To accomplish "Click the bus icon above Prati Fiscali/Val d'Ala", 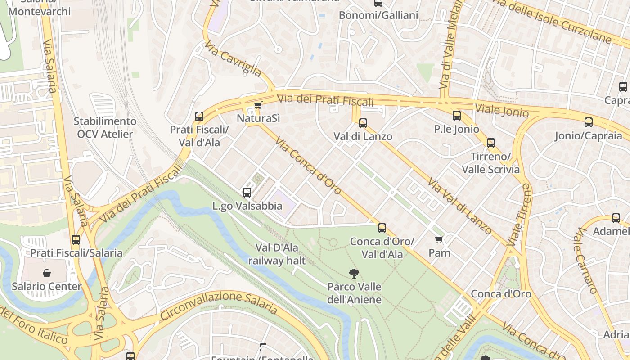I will pyautogui.click(x=199, y=117).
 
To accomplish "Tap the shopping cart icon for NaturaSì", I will pyautogui.click(x=258, y=105).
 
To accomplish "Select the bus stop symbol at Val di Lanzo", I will pyautogui.click(x=363, y=123).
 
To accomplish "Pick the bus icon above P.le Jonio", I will pyautogui.click(x=457, y=116).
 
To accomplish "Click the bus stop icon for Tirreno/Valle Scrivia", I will pyautogui.click(x=490, y=143).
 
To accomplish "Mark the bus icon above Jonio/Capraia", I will pyautogui.click(x=588, y=122).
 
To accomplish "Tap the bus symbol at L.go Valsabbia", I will pyautogui.click(x=247, y=193).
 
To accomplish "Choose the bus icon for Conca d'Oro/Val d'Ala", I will pyautogui.click(x=382, y=228).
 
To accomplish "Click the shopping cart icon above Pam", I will pyautogui.click(x=439, y=239).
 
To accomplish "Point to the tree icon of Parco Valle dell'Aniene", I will pyautogui.click(x=354, y=273).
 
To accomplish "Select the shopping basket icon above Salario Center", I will pyautogui.click(x=47, y=273).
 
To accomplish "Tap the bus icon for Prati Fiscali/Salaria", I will pyautogui.click(x=76, y=239).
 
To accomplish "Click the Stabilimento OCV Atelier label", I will pyautogui.click(x=105, y=128).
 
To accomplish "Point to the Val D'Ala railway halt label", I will pyautogui.click(x=277, y=254).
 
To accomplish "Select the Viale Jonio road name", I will pyautogui.click(x=502, y=110).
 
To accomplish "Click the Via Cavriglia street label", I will pyautogui.click(x=233, y=58).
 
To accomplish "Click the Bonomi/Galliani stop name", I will pyautogui.click(x=378, y=15).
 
